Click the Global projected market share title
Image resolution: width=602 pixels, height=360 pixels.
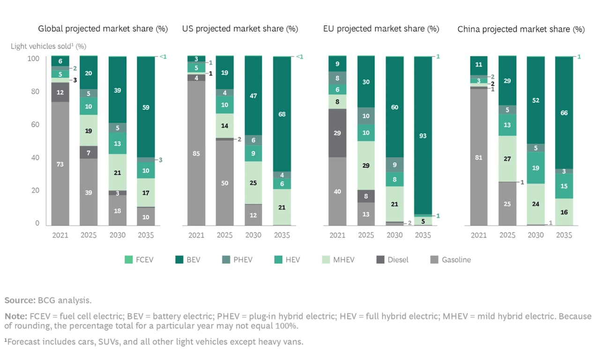point(103,29)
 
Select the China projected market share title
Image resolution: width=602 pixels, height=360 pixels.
point(521,29)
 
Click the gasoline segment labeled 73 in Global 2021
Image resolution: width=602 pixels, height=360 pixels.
point(60,164)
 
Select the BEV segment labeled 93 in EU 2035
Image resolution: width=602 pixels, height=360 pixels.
point(424,135)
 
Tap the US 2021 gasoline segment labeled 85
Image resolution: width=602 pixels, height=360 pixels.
point(196,153)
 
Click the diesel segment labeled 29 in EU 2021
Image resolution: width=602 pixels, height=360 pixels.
point(337,133)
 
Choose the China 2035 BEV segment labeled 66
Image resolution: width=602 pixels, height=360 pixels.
point(564,113)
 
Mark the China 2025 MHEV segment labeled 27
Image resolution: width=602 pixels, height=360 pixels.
point(507,158)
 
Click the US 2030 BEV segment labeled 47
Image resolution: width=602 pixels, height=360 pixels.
point(253,96)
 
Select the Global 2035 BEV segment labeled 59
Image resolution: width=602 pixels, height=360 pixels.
point(146,107)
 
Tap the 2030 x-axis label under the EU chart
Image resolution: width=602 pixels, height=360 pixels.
point(395,235)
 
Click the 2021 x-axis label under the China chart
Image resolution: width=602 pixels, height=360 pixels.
point(478,235)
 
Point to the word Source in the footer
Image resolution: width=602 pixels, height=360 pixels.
point(19,300)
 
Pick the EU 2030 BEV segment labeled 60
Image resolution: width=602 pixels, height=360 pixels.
point(395,107)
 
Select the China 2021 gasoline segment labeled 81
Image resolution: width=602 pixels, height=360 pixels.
point(478,157)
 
